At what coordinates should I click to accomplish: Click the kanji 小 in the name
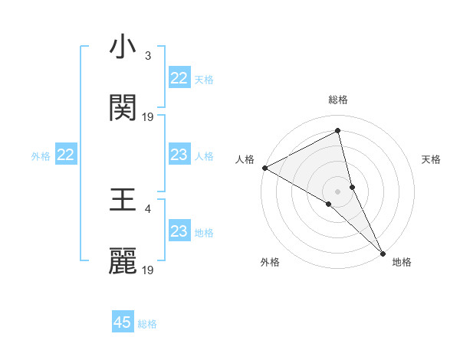coord(123,48)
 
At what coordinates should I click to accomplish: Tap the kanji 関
coord(123,108)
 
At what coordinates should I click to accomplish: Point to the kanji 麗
coord(123,261)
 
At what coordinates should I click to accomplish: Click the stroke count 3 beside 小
coord(148,56)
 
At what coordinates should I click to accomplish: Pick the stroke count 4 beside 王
coord(148,208)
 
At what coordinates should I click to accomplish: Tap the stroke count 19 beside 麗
coord(148,270)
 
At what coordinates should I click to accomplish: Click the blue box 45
coord(123,322)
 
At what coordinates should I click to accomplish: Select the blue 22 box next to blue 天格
coord(179,78)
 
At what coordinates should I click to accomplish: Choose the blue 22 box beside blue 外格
coord(66,155)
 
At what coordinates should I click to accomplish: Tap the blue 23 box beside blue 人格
coord(179,155)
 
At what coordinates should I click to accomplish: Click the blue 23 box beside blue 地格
coord(179,231)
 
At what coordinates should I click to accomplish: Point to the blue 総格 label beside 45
coord(147,324)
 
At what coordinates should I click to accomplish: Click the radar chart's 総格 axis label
coord(338,100)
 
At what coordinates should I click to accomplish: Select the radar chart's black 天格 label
coord(431,159)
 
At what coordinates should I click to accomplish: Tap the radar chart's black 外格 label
coord(270,262)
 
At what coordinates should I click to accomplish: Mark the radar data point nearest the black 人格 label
coord(264,168)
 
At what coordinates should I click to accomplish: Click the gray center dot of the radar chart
coord(338,190)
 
